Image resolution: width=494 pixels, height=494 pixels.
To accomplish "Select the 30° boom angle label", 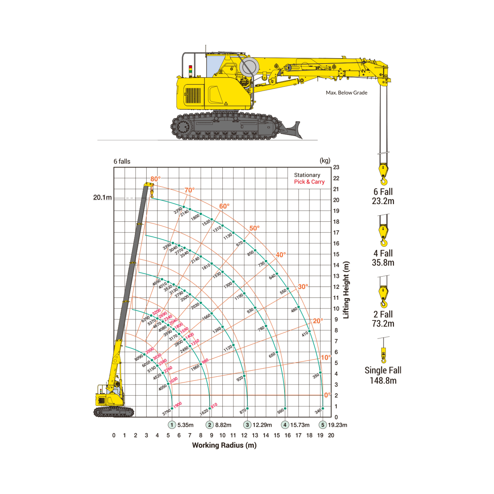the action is tap(303, 287).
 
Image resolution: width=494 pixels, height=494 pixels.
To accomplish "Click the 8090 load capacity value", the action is tap(139, 357).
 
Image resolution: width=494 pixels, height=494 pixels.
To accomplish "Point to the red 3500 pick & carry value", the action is tap(150, 350).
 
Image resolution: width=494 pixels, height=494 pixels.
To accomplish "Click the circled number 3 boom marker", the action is tap(247, 425).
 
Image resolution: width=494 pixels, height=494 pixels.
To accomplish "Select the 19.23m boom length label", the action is tap(338, 425).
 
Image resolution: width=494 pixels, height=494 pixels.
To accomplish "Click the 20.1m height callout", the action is tap(103, 197).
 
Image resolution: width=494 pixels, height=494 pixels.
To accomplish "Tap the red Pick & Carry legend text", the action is tap(309, 182).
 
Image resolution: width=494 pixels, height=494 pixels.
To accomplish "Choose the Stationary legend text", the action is tap(307, 175).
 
